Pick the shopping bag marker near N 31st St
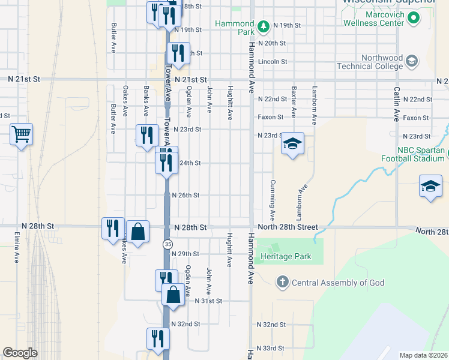point(173,295)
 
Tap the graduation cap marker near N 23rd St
point(292,144)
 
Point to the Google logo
point(20,353)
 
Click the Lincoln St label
point(273,61)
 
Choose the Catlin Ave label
point(397,104)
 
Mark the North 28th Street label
point(288,227)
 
